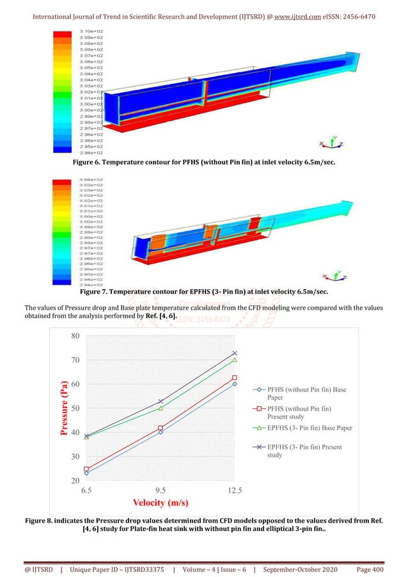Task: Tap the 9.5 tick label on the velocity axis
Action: (161, 491)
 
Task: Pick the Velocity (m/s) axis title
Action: (160, 503)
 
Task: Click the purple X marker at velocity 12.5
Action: (235, 353)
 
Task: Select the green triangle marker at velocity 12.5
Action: (235, 360)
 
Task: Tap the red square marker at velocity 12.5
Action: (235, 378)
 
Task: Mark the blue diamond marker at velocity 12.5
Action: (235, 384)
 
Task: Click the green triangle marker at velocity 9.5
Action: (161, 408)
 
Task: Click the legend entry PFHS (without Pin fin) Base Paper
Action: (307, 393)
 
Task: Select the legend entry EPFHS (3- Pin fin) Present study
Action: (307, 451)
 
